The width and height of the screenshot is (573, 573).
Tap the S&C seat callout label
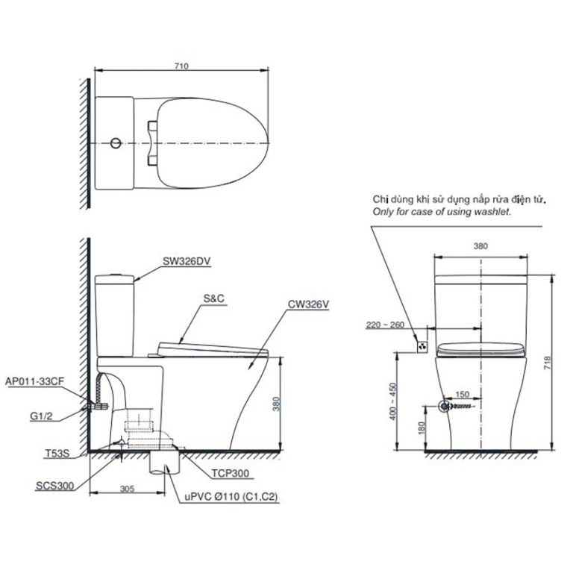coord(213,297)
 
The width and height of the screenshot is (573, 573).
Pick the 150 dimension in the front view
coord(463,394)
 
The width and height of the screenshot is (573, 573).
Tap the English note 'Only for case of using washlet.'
coord(442,212)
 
